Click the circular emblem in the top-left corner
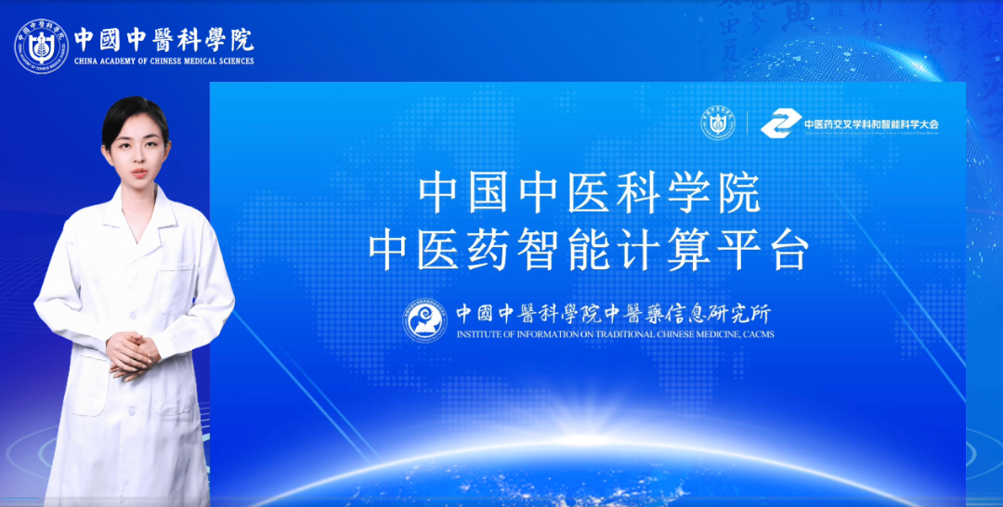click(42, 45)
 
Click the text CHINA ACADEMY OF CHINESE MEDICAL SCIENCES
click(163, 61)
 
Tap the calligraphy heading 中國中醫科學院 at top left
click(163, 38)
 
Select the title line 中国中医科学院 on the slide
click(589, 193)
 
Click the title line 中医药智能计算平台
click(589, 248)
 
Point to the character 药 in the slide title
click(488, 248)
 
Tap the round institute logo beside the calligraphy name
click(424, 320)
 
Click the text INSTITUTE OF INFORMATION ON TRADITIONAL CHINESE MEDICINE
click(594, 334)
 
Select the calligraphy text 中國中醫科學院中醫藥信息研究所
click(613, 313)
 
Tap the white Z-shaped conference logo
click(778, 123)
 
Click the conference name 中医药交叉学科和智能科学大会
click(871, 123)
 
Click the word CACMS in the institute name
click(754, 334)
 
